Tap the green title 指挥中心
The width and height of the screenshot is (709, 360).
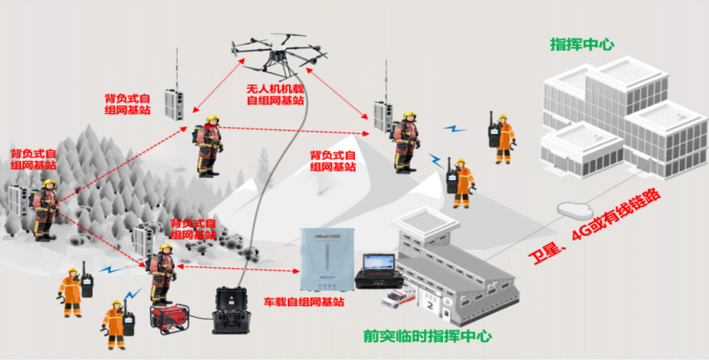click(x=582, y=44)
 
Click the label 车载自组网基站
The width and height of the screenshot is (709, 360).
click(x=303, y=302)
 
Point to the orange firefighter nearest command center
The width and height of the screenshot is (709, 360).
click(x=504, y=139)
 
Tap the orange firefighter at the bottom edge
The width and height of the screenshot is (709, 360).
click(x=114, y=326)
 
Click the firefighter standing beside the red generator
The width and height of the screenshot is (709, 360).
click(x=162, y=272)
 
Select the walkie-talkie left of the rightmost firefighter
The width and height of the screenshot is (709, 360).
click(x=493, y=130)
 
